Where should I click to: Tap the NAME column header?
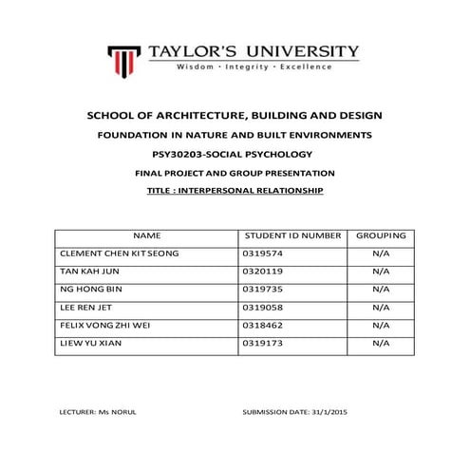coord(147,235)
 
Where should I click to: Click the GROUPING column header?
coord(381,235)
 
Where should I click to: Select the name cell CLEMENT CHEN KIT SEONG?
coord(119,254)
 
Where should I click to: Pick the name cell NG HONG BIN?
coord(91,290)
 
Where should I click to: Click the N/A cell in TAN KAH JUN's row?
coord(381,272)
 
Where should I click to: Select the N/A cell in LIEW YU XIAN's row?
coord(381,343)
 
